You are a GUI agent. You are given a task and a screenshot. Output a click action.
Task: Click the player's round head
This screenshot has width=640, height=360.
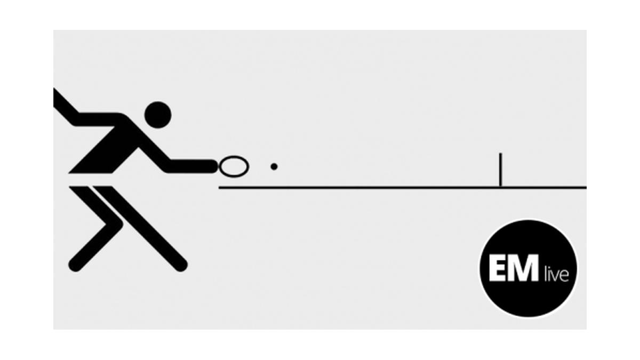tap(158, 115)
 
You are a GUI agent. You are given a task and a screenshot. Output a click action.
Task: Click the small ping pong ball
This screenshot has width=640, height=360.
tap(274, 166)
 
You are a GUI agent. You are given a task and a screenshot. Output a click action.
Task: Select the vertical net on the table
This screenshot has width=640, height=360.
tap(500, 170)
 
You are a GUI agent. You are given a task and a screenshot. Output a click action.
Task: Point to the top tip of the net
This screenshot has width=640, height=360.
tap(500, 154)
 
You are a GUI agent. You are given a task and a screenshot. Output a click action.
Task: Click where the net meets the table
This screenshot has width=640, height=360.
tap(500, 187)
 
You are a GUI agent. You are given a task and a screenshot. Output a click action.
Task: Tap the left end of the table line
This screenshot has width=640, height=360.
tap(219, 187)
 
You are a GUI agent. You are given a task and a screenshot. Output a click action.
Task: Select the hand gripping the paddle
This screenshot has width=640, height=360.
tap(213, 166)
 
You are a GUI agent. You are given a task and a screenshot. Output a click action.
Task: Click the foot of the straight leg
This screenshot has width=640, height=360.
tap(181, 265)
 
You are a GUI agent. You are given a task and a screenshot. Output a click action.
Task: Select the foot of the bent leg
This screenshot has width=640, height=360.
tap(75, 265)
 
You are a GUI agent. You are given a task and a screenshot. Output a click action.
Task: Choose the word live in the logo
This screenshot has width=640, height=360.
tap(556, 274)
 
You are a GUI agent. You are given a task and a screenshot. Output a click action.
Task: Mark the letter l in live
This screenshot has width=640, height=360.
tap(545, 274)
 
